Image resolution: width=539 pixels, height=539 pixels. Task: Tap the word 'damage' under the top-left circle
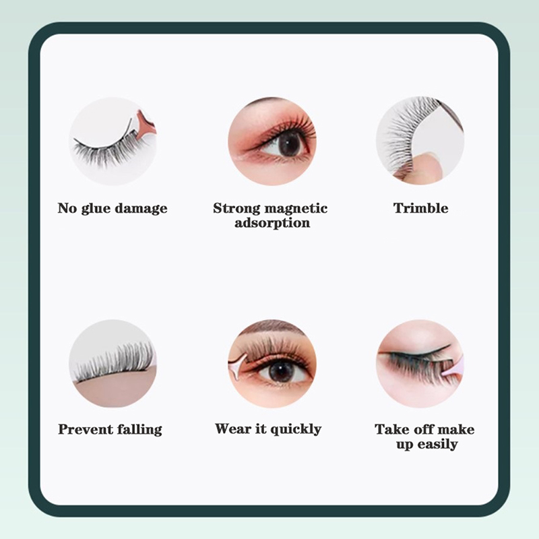[x=141, y=209]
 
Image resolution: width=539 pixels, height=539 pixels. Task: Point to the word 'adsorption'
[x=272, y=223]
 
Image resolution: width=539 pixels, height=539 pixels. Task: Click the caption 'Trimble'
[x=420, y=208]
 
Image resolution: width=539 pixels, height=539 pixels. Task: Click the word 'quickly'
[x=296, y=429]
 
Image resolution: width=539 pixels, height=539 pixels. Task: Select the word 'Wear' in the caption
[x=232, y=429]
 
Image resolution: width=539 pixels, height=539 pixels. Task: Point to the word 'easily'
[x=437, y=445]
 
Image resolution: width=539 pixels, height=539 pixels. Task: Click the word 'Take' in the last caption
[x=391, y=429]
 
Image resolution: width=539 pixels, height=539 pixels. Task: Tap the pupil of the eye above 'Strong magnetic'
[x=288, y=143]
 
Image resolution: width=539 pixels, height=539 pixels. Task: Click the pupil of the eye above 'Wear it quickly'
[x=281, y=372]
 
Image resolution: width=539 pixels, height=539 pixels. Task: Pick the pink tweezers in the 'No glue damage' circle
[x=144, y=125]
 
